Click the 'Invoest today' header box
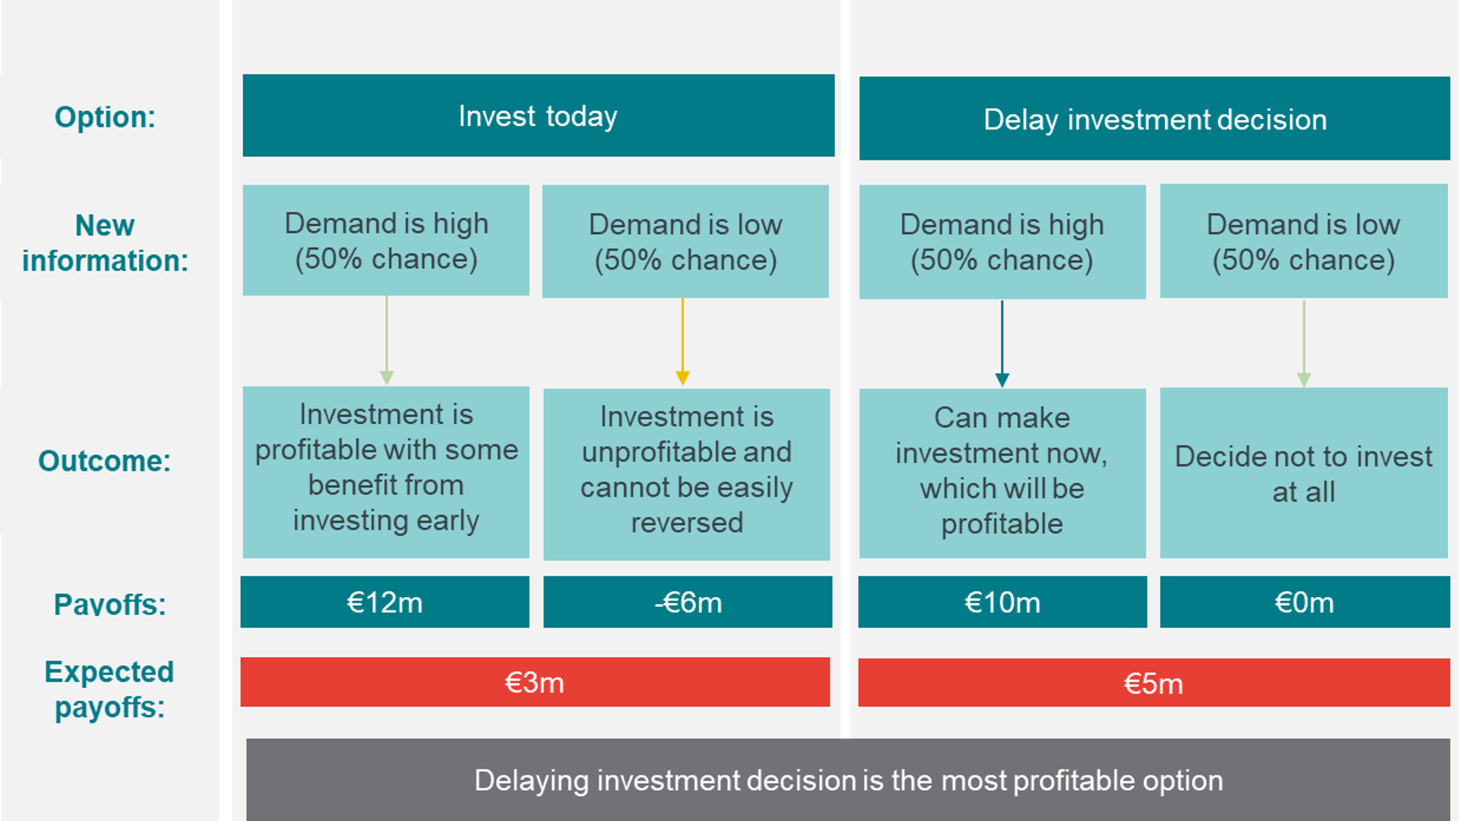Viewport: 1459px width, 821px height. [538, 115]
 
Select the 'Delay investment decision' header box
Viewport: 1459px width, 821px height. [1154, 118]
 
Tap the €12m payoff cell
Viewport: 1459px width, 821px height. [385, 602]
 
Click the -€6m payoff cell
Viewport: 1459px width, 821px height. [688, 602]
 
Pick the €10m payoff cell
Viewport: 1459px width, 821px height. [1002, 602]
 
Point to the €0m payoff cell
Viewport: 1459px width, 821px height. [1305, 602]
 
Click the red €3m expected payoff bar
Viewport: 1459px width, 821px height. [535, 682]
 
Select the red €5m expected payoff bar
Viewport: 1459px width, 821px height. [1154, 683]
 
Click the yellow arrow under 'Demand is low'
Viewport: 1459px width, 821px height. [682, 342]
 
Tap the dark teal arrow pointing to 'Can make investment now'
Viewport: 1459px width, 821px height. [1002, 343]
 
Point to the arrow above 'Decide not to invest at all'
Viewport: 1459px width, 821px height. [1304, 343]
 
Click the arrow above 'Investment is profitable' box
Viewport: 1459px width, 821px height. [386, 340]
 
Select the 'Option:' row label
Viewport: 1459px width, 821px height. [105, 117]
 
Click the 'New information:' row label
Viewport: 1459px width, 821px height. [105, 243]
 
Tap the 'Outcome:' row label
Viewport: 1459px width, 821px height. [105, 461]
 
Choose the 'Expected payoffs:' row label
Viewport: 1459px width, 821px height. [109, 690]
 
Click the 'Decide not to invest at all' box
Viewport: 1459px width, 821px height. [1304, 473]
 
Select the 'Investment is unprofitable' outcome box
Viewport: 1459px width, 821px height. [687, 475]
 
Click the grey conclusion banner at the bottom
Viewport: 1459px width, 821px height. [848, 779]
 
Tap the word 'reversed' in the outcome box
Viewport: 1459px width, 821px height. [687, 523]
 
